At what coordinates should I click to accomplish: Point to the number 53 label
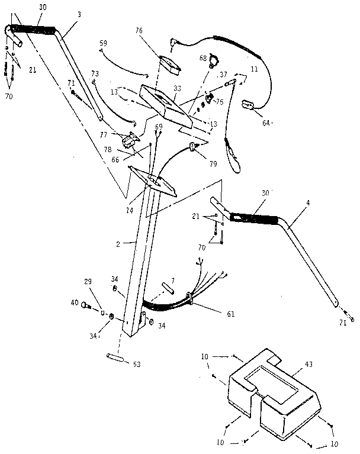tap(137, 364)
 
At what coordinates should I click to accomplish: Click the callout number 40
tap(75, 303)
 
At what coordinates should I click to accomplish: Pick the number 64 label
tap(266, 122)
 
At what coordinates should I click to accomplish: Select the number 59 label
tap(103, 43)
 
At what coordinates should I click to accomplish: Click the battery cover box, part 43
tap(273, 394)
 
